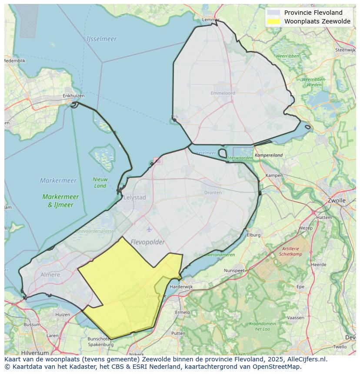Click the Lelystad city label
135,197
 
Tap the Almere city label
50,275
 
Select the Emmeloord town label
223,93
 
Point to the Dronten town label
213,192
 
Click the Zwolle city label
336,201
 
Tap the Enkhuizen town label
73,96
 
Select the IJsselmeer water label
101,39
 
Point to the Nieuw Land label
100,182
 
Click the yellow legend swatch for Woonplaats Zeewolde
274,22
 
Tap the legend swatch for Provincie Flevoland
274,13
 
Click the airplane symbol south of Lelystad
150,229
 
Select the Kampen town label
274,175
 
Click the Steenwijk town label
345,50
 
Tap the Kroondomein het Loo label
262,326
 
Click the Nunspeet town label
234,270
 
